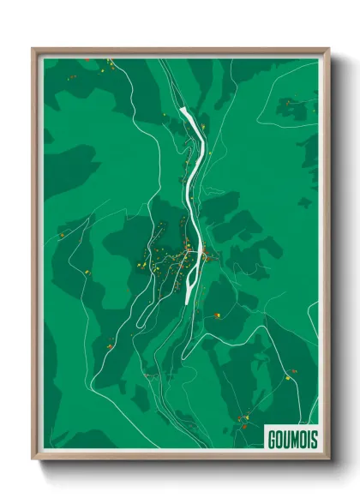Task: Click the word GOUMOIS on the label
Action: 291,437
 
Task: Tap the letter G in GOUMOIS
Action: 271,437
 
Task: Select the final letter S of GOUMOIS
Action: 311,437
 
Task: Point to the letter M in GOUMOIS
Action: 291,437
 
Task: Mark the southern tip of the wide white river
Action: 188,302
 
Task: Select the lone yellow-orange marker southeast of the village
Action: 218,315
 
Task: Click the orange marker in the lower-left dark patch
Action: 110,346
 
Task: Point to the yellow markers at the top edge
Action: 109,62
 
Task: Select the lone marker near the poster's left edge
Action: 62,234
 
